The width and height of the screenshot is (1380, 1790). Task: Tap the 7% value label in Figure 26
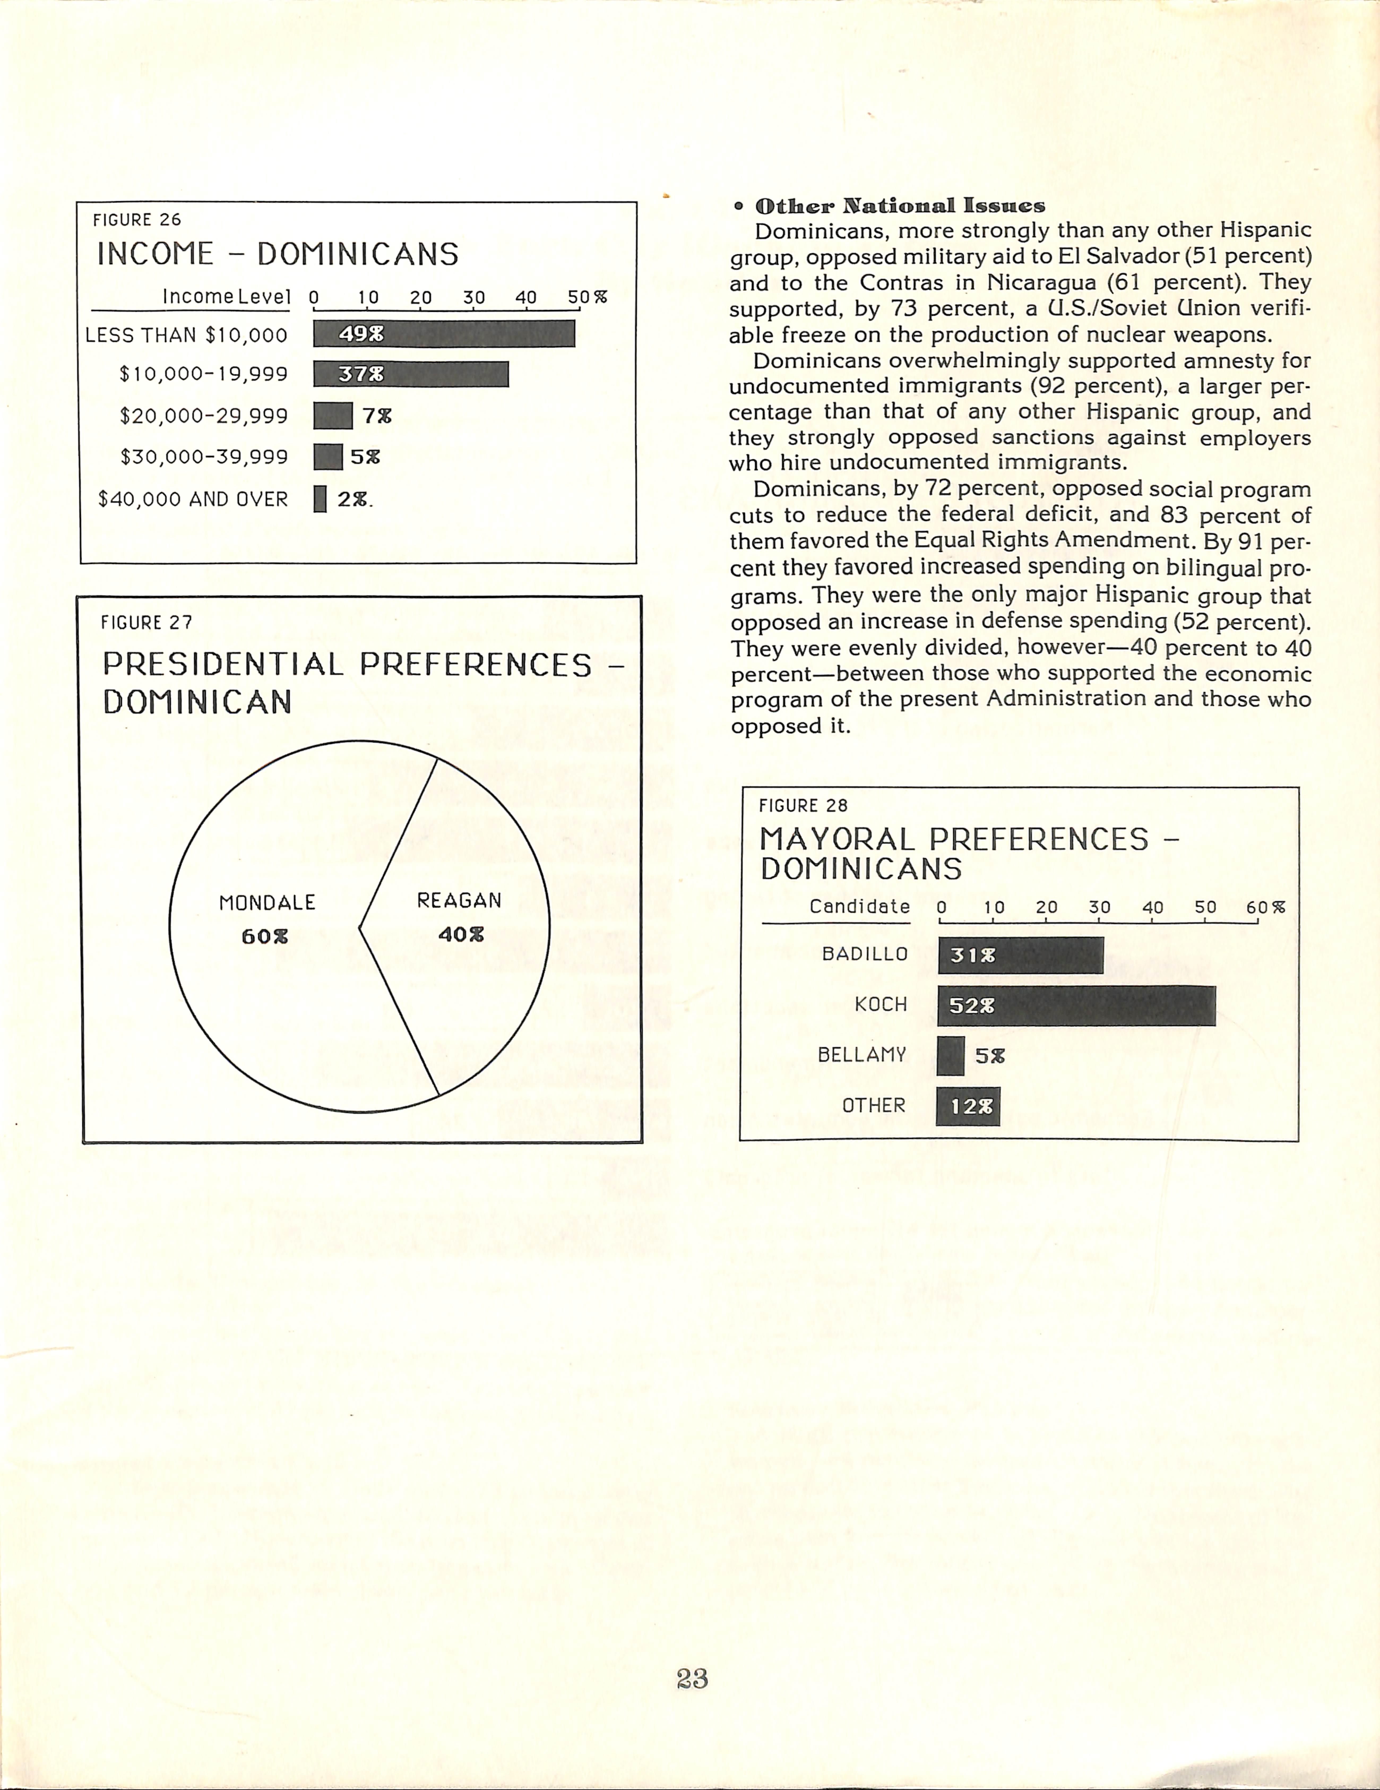click(377, 416)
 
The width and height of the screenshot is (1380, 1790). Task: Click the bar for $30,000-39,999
click(328, 457)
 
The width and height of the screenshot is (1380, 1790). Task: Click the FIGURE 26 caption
click(137, 220)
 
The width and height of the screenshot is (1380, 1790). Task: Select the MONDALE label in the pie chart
click(267, 902)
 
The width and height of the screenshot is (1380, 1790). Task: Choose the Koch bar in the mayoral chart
click(1076, 1006)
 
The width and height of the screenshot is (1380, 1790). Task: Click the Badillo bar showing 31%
click(1020, 955)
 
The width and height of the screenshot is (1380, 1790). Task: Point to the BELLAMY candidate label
click(862, 1055)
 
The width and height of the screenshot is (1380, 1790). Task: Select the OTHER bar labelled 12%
click(968, 1107)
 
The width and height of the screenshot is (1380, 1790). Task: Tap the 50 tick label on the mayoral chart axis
click(1205, 907)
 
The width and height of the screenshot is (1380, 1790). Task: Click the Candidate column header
click(860, 906)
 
